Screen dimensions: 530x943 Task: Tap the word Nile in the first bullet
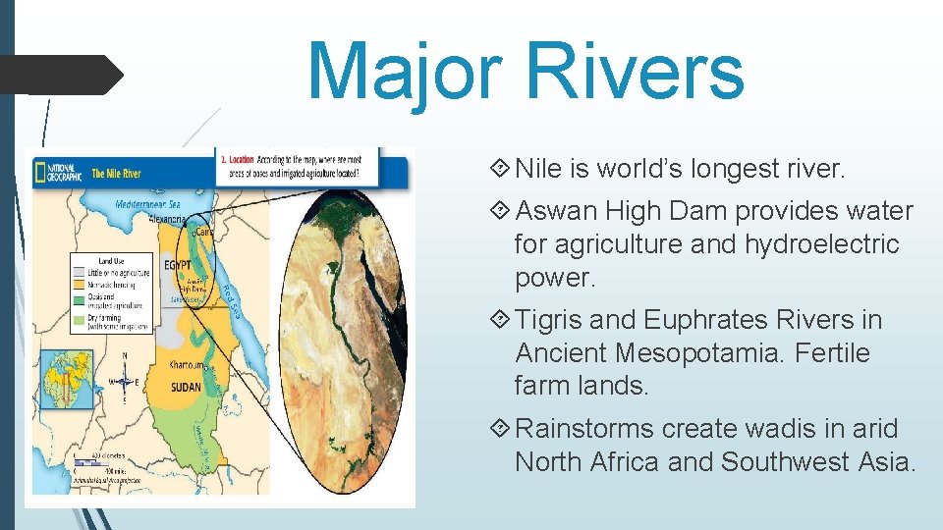tap(539, 170)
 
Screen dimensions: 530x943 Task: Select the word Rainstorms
tap(584, 429)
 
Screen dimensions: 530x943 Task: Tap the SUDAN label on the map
tap(187, 387)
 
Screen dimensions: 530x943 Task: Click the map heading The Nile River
tap(116, 174)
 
